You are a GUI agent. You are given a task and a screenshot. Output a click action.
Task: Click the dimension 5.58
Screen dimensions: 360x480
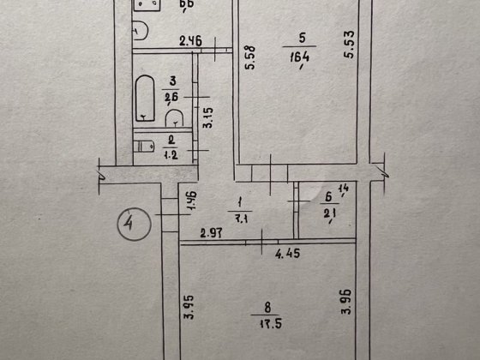249,61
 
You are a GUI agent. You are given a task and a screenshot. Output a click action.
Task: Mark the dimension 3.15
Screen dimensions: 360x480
206,116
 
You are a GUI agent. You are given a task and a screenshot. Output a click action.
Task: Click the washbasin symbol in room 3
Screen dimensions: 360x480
173,117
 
